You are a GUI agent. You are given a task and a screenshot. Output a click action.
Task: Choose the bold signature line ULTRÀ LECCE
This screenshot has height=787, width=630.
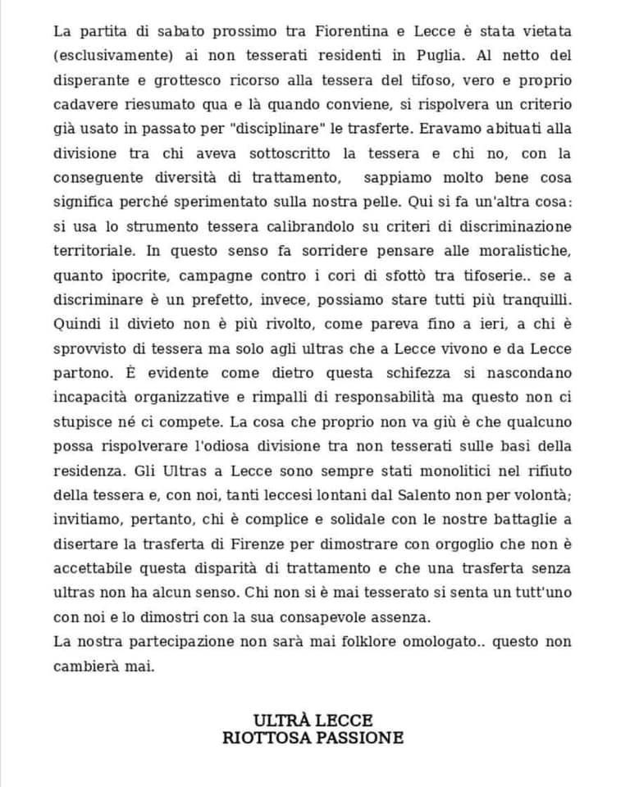pyautogui.click(x=313, y=721)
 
